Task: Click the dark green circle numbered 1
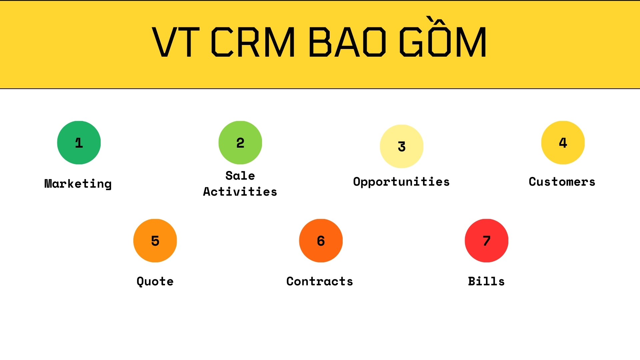coord(79,143)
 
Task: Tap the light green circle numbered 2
coord(240,143)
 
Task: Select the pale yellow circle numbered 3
coord(402,146)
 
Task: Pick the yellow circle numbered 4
coord(563,143)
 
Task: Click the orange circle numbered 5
coord(155,241)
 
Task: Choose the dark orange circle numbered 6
coord(321,241)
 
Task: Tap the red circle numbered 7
coord(487,241)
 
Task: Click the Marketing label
coord(78,184)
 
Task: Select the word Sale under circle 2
coord(240,176)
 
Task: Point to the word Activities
coord(240,192)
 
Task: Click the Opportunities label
coord(401,182)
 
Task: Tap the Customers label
coord(562,182)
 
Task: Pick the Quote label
coord(155,282)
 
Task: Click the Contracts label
coord(320,281)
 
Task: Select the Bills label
coord(486,281)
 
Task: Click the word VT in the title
coord(176,42)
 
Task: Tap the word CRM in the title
coord(253,42)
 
